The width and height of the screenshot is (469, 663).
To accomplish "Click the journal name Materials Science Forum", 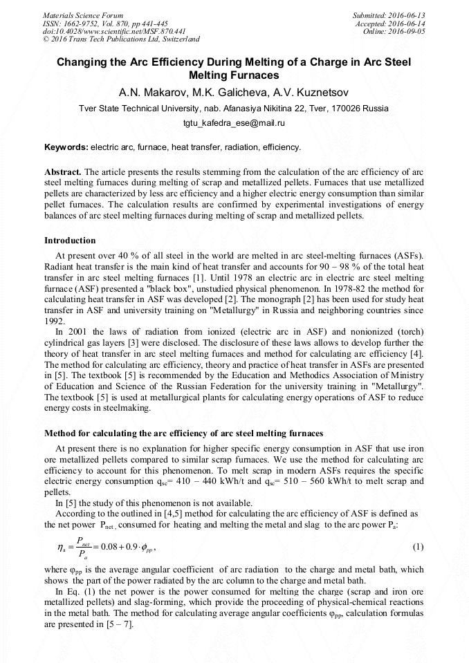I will pyautogui.click(x=83, y=15).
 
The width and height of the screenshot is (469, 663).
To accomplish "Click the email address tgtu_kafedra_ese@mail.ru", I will pyautogui.click(x=234, y=123).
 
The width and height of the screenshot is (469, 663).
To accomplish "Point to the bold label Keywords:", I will pyautogui.click(x=66, y=147).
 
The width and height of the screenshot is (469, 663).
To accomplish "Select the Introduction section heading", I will pyautogui.click(x=70, y=241).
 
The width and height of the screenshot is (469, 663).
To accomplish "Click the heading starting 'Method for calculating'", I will pyautogui.click(x=183, y=433).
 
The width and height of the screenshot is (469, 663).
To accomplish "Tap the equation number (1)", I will pyautogui.click(x=418, y=547).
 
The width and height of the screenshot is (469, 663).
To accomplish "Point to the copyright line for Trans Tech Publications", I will pyautogui.click(x=121, y=39).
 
